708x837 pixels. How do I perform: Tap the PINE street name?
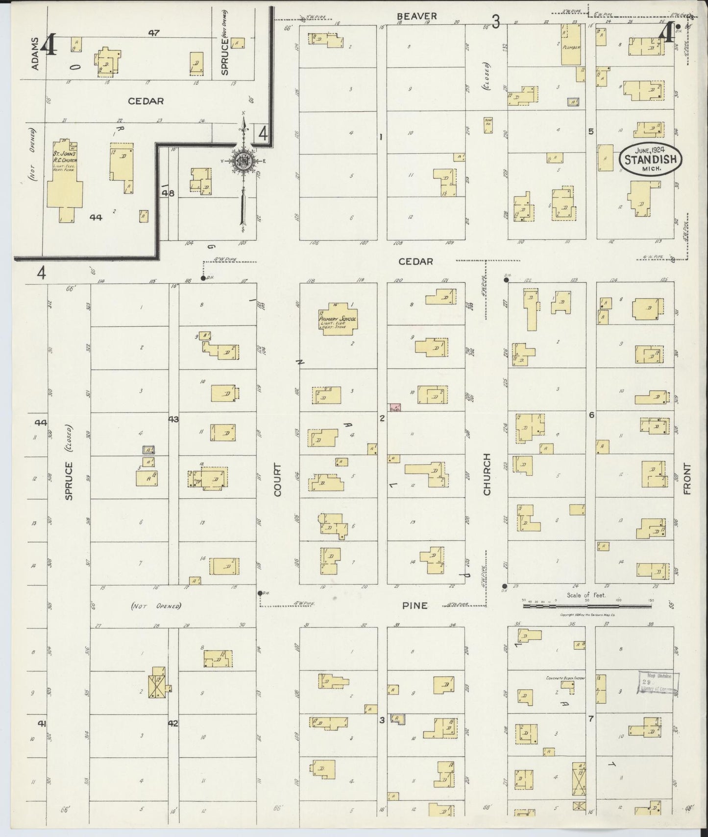coord(415,605)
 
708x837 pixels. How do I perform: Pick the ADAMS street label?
coord(35,53)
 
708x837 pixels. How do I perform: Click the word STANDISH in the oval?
coord(651,159)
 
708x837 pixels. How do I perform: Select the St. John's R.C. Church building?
coord(65,181)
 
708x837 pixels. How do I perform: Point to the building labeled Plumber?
coord(571,45)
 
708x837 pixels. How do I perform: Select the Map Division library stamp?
coord(658,682)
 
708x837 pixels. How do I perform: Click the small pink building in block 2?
coord(395,407)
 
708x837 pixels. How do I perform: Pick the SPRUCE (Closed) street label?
coord(69,467)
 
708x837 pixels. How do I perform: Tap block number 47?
coord(154,33)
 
